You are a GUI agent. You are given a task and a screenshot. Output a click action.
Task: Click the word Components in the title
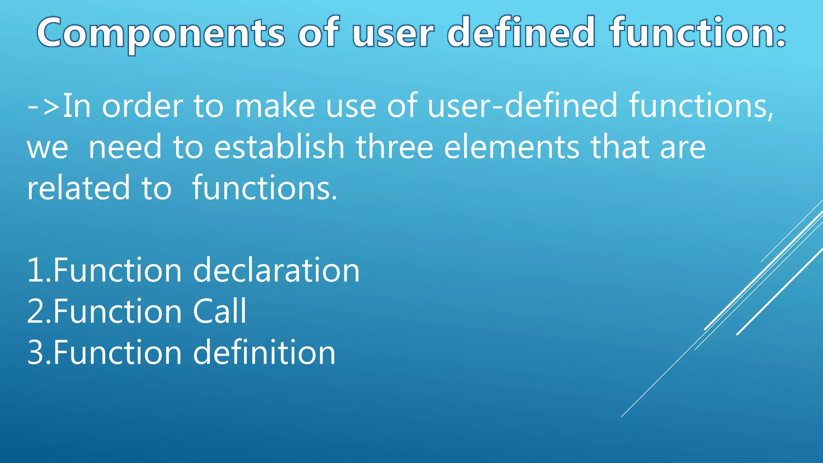tap(161, 33)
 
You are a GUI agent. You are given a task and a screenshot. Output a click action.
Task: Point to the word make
tap(275, 106)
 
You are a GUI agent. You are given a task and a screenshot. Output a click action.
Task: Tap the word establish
tap(279, 147)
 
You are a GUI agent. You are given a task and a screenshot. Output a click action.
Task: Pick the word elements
tap(512, 147)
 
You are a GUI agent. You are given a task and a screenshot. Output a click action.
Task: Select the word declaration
tap(276, 270)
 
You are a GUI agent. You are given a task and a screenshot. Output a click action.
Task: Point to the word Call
tap(219, 311)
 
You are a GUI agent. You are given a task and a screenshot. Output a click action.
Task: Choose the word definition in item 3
tap(264, 352)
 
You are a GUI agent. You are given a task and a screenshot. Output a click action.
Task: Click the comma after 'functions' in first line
tap(770, 117)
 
